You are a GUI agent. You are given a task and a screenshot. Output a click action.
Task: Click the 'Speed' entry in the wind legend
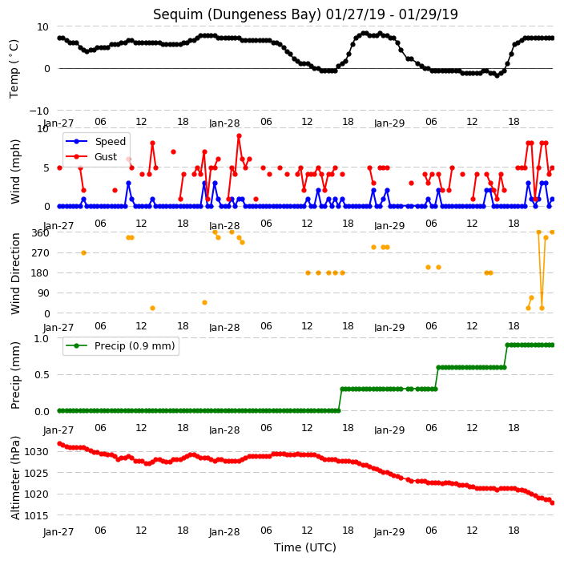[x=111, y=141]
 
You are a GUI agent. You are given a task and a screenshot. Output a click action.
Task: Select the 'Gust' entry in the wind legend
[x=106, y=157]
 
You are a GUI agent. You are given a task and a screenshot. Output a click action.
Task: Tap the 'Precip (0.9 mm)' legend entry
[x=135, y=346]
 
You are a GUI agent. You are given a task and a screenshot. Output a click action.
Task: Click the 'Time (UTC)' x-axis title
[x=305, y=547]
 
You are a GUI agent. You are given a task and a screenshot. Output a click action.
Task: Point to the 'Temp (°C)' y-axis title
[x=14, y=69]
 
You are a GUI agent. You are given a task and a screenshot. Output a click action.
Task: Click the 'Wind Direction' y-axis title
[x=15, y=274]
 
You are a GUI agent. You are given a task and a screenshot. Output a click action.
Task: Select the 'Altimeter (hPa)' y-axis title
[x=15, y=478]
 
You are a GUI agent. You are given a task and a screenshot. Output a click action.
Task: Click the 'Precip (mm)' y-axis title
[x=15, y=375]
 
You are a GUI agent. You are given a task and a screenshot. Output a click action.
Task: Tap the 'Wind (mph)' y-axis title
[x=15, y=172]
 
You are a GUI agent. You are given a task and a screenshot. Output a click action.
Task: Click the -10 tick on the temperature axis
[x=38, y=111]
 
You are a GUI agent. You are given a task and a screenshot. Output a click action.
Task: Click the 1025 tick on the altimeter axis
[x=36, y=473]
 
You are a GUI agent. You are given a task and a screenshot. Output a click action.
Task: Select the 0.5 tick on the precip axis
[x=42, y=375]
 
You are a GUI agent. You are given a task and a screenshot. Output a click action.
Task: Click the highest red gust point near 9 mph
[x=239, y=136]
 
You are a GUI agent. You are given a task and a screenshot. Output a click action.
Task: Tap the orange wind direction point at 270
[x=83, y=253]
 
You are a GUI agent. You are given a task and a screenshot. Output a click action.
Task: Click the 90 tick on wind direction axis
[x=43, y=293]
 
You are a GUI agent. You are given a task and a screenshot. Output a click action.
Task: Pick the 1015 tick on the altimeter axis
[x=36, y=515]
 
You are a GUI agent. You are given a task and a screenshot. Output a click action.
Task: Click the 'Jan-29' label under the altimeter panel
[x=389, y=532]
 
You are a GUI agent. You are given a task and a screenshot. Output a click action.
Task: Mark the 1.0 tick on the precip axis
[x=42, y=339]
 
